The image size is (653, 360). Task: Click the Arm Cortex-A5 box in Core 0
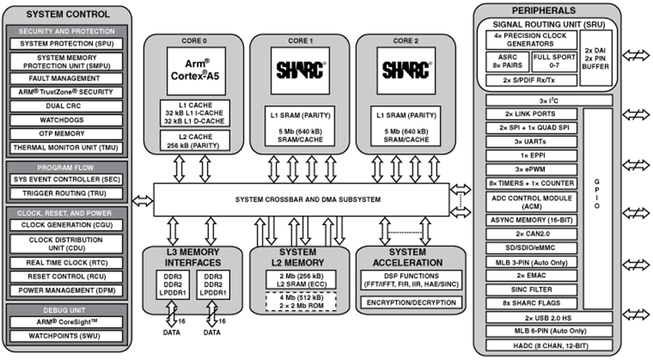click(194, 70)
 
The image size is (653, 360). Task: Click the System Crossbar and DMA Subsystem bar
click(301, 199)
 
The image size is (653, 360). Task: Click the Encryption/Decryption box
click(406, 302)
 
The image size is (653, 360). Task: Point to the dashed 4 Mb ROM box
click(300, 300)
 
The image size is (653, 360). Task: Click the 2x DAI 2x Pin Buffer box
click(595, 56)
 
